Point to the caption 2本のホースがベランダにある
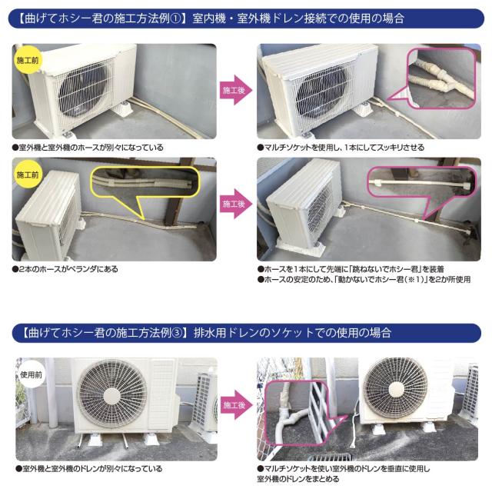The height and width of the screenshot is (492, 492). click(65, 270)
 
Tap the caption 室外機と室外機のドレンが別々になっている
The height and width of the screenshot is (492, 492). click(88, 468)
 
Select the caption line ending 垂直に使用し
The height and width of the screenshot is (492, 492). click(347, 468)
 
